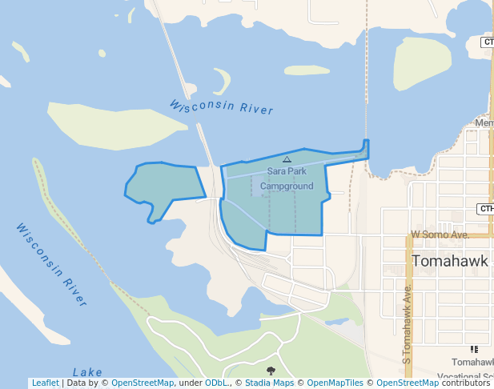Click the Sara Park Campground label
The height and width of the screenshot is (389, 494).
(x=287, y=178)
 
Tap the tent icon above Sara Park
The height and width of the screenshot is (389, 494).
(x=287, y=160)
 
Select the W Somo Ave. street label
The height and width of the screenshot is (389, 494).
(x=440, y=235)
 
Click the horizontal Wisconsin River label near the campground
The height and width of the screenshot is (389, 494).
(x=221, y=107)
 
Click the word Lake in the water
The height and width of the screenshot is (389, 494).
(x=87, y=372)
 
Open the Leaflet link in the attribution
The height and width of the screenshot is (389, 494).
(x=45, y=383)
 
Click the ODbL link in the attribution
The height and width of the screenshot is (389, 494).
(x=216, y=383)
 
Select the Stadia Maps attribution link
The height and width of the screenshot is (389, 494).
(x=269, y=383)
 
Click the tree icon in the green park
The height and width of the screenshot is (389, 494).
(x=271, y=370)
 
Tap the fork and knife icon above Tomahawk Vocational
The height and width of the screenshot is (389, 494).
(x=474, y=350)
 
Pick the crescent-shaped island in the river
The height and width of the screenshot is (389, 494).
(x=223, y=81)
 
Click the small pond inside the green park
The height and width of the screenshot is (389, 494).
(x=336, y=322)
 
